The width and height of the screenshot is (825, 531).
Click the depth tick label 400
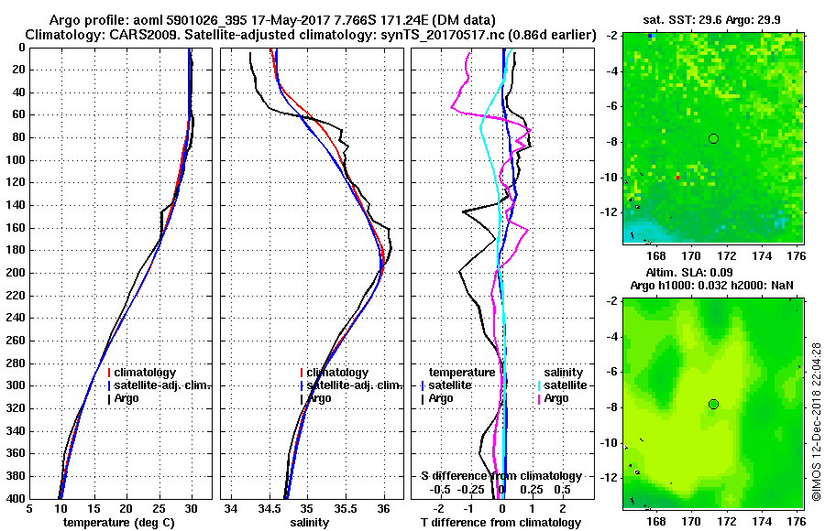pyautogui.click(x=16, y=499)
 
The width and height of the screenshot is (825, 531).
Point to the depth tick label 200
pyautogui.click(x=16, y=273)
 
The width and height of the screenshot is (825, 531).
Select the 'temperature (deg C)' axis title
pyautogui.click(x=118, y=523)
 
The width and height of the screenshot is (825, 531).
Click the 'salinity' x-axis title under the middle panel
pyautogui.click(x=311, y=523)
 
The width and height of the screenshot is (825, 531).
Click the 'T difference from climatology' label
pyautogui.click(x=500, y=523)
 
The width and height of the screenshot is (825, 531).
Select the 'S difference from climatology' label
pyautogui.click(x=500, y=476)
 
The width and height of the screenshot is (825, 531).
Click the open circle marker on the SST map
pyautogui.click(x=713, y=138)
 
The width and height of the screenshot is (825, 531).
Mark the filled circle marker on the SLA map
pyautogui.click(x=713, y=404)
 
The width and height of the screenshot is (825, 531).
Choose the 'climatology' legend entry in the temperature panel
pyautogui.click(x=147, y=373)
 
